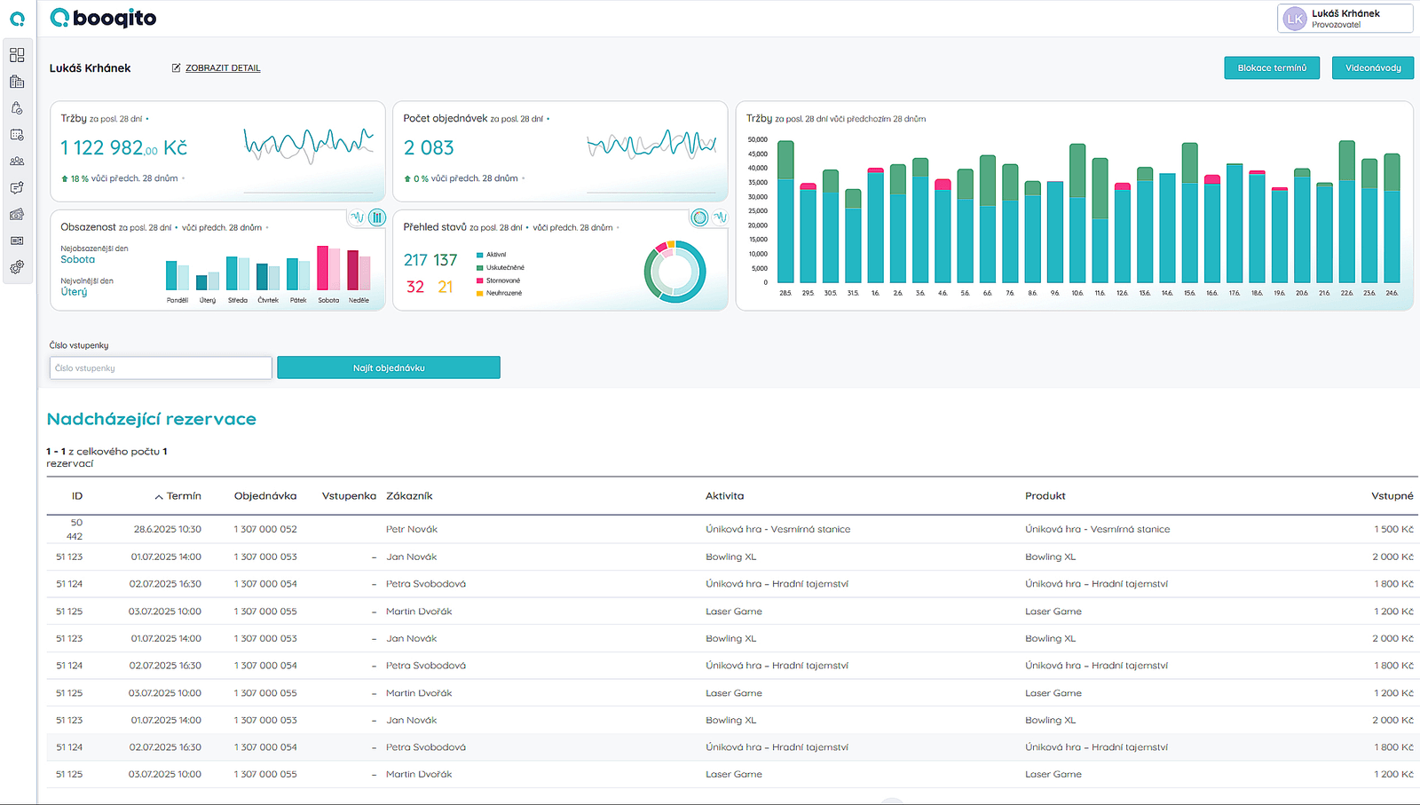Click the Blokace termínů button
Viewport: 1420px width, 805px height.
pyautogui.click(x=1271, y=68)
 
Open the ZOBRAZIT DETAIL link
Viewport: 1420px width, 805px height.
pyautogui.click(x=222, y=68)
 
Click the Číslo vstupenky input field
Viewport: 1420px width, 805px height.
pyautogui.click(x=161, y=368)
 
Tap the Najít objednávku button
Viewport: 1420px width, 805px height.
pyautogui.click(x=389, y=368)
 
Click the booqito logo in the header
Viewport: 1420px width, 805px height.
pyautogui.click(x=104, y=18)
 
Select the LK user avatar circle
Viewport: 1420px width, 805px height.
pyautogui.click(x=1295, y=19)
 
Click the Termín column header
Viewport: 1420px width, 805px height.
pyautogui.click(x=183, y=496)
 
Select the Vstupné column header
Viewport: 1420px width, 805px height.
pyautogui.click(x=1392, y=496)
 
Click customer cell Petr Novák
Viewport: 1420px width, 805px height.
pyautogui.click(x=412, y=529)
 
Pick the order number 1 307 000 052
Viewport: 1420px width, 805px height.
pyautogui.click(x=265, y=529)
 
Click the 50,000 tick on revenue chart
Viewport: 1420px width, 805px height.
pyautogui.click(x=757, y=139)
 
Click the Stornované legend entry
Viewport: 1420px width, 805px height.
pyautogui.click(x=502, y=280)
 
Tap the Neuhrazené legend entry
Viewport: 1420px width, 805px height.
pyautogui.click(x=503, y=293)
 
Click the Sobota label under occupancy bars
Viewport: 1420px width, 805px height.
pyautogui.click(x=328, y=300)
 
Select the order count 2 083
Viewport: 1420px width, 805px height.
pyautogui.click(x=429, y=148)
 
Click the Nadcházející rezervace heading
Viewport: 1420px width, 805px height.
pyautogui.click(x=151, y=419)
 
